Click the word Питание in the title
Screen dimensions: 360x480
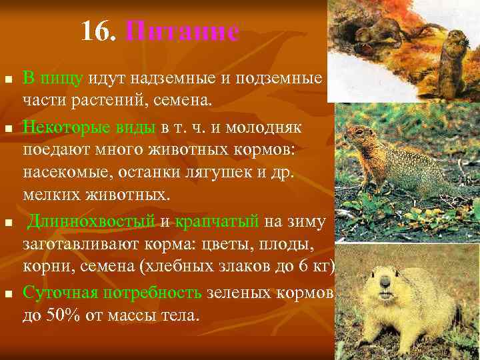pos(181,31)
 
